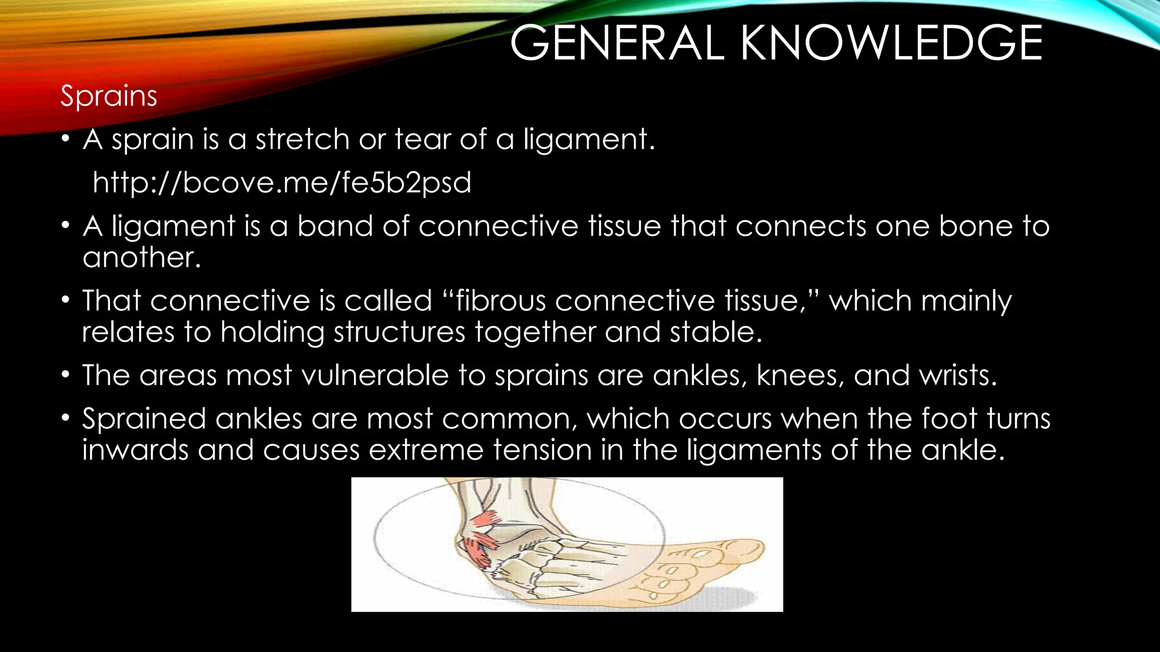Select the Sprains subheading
point(109,96)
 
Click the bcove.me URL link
point(282,182)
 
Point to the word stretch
point(302,139)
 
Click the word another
point(142,258)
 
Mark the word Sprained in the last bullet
point(144,419)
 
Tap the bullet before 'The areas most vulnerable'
point(66,375)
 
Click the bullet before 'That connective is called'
point(66,299)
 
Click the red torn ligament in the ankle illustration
point(479,546)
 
